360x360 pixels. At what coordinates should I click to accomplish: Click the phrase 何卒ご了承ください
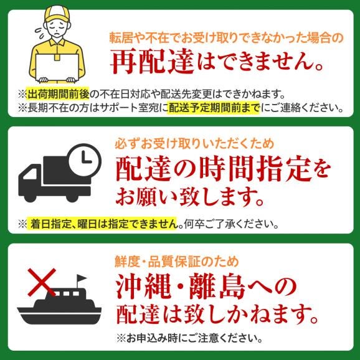click(225, 224)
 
